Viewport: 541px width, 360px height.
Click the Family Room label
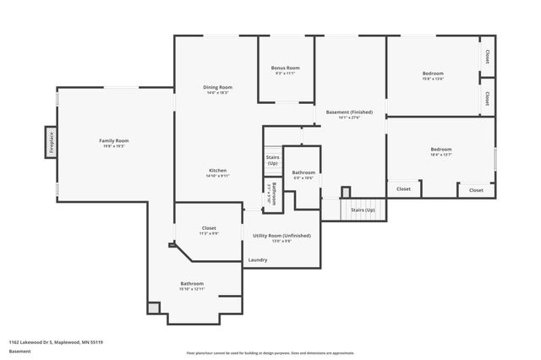[113, 140]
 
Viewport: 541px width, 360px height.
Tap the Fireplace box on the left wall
[51, 142]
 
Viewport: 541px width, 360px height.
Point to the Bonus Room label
[286, 68]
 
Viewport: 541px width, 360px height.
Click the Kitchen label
[217, 170]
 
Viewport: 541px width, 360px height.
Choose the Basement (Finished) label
[349, 112]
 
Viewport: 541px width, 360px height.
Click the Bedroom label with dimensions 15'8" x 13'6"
[433, 74]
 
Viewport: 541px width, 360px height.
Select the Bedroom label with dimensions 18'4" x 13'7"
[441, 150]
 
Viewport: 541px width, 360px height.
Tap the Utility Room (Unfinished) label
[281, 235]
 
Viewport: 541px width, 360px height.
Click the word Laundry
[258, 259]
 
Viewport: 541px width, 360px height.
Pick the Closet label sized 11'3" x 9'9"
[209, 228]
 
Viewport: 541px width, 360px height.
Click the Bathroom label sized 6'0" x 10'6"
[303, 172]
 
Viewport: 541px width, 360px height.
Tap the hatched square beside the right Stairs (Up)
[346, 192]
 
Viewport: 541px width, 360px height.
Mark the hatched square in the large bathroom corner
[153, 308]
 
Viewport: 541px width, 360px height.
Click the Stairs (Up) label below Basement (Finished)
[363, 209]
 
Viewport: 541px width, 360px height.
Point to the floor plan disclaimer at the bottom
[270, 353]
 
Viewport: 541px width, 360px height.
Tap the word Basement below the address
[19, 351]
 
